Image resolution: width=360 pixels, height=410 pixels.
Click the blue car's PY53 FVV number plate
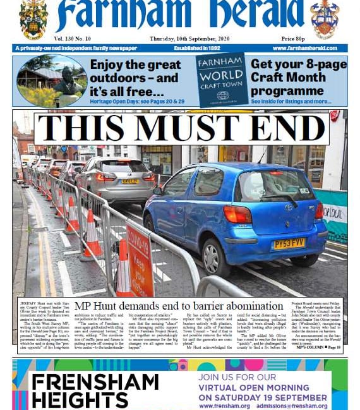point(289,243)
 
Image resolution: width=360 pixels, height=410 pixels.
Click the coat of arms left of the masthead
point(33,19)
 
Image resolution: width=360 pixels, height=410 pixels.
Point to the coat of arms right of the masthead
point(324,19)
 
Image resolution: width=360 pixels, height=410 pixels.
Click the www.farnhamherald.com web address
point(309,48)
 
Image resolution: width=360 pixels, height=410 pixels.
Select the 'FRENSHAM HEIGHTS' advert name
point(94,390)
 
